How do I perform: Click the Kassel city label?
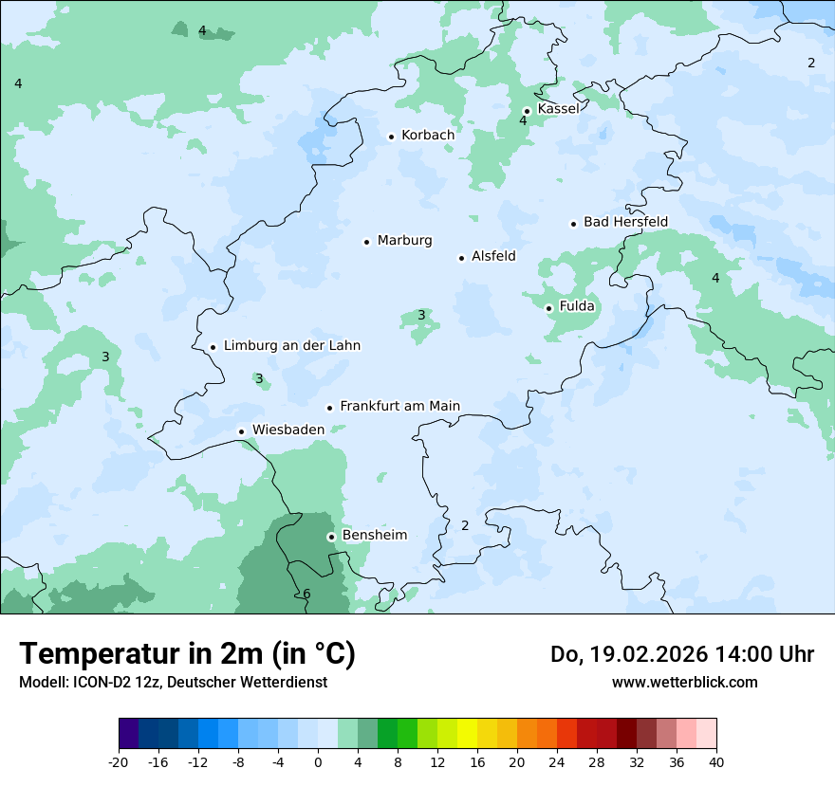pyautogui.click(x=558, y=109)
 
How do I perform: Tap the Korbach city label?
pyautogui.click(x=428, y=136)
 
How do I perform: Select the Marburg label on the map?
pyautogui.click(x=404, y=241)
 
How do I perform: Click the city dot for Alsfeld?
pyautogui.click(x=462, y=258)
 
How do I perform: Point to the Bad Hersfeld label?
pyautogui.click(x=625, y=222)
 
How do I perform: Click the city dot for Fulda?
pyautogui.click(x=548, y=308)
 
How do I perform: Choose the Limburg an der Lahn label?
pyautogui.click(x=291, y=346)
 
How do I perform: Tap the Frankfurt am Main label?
pyautogui.click(x=399, y=407)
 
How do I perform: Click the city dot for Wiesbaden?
pyautogui.click(x=242, y=431)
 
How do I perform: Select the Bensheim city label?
pyautogui.click(x=374, y=536)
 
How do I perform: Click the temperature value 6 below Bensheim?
pyautogui.click(x=306, y=595)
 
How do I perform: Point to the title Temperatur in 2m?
pyautogui.click(x=187, y=653)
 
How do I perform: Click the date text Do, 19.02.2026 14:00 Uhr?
pyautogui.click(x=681, y=654)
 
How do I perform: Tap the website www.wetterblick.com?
pyautogui.click(x=684, y=682)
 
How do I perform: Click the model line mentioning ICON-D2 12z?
pyautogui.click(x=173, y=682)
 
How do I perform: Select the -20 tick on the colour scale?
pyautogui.click(x=119, y=762)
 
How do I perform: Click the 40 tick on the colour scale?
pyautogui.click(x=716, y=762)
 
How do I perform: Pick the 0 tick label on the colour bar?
pyautogui.click(x=318, y=762)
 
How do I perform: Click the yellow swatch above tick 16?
pyautogui.click(x=467, y=734)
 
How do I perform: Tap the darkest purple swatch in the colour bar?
pyautogui.click(x=128, y=734)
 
